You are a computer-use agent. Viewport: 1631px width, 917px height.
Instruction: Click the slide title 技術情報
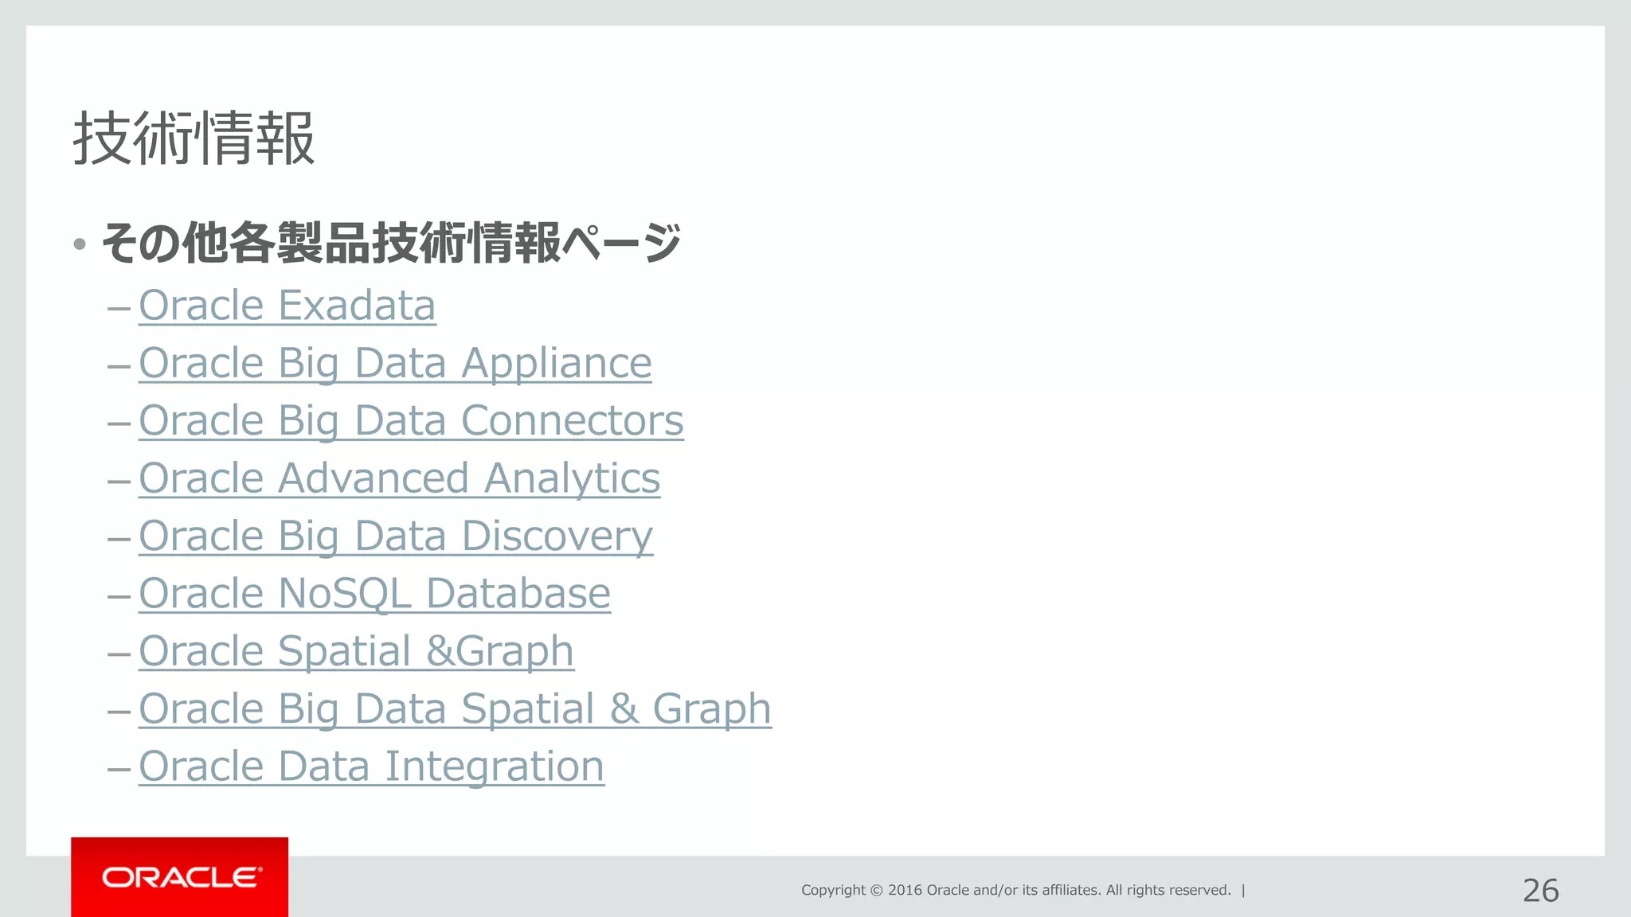tap(194, 139)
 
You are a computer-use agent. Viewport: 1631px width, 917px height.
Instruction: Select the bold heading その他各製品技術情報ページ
tap(391, 243)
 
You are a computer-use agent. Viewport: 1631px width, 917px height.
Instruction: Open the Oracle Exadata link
tap(287, 306)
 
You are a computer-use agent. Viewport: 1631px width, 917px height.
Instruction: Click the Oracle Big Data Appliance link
tap(395, 364)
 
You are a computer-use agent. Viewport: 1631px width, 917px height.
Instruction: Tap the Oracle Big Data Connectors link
tap(411, 421)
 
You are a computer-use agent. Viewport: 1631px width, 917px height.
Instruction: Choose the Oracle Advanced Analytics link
tap(399, 478)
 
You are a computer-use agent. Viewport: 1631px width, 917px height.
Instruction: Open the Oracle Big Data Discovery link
tap(396, 536)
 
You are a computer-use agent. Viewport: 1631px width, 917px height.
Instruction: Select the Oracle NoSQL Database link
tap(374, 594)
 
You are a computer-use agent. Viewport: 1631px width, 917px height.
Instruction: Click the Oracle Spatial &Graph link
tap(356, 651)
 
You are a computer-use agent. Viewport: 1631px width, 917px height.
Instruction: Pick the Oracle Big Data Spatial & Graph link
tap(455, 708)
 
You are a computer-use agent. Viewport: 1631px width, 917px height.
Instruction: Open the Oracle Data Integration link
tap(371, 767)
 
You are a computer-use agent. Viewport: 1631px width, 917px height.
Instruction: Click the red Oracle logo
tap(180, 877)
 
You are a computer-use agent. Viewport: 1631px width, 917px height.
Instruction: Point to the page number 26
tap(1540, 891)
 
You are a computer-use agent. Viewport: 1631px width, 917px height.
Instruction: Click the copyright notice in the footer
tap(1015, 890)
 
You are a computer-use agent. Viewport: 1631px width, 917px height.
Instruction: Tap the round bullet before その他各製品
tap(79, 244)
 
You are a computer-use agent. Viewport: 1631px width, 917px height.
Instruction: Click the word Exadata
tap(357, 306)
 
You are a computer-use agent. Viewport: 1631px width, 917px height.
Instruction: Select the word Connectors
tap(572, 421)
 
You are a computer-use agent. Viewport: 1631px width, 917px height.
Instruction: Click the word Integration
tap(495, 767)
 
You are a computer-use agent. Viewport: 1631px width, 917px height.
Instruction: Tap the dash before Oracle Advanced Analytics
tap(119, 481)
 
